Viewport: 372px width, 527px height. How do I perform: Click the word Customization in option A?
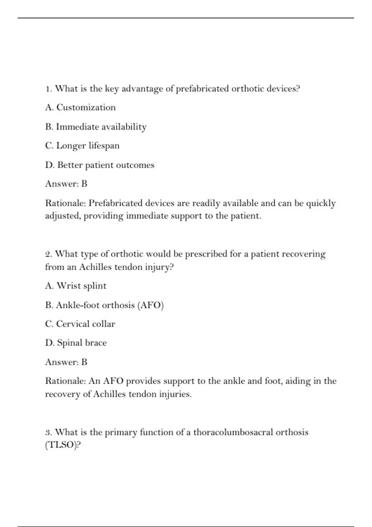click(86, 107)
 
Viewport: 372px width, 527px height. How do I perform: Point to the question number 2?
click(48, 254)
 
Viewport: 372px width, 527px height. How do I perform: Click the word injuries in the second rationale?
click(175, 394)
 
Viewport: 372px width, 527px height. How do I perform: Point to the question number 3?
click(48, 432)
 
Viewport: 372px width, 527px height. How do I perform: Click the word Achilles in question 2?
click(95, 267)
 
